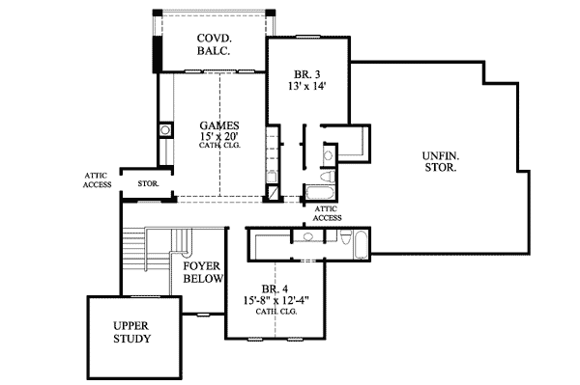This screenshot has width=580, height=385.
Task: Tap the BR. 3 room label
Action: point(308,73)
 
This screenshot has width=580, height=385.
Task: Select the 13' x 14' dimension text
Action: point(308,87)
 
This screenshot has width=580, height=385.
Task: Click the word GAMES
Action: point(219,125)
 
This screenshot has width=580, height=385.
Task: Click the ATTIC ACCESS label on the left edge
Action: point(98,179)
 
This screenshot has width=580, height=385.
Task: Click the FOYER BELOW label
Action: point(203,271)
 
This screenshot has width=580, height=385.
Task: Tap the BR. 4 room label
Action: point(275,289)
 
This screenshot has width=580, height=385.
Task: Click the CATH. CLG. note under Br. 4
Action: point(275,312)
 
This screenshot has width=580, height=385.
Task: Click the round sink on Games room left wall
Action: point(165,128)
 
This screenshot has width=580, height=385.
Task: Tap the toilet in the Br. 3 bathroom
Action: point(329,154)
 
